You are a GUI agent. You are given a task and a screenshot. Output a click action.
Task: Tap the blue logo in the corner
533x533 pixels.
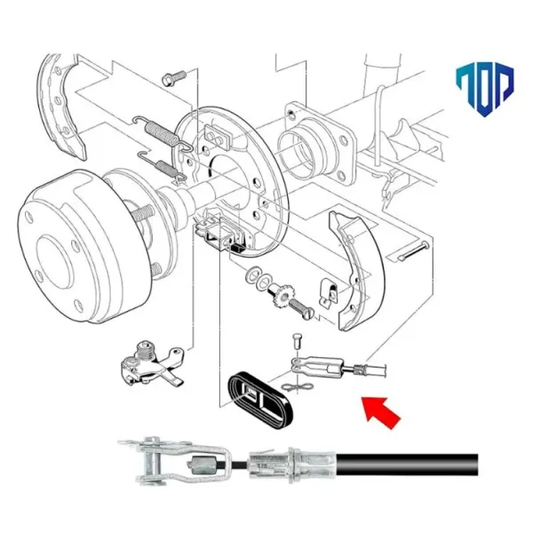click(483, 90)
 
